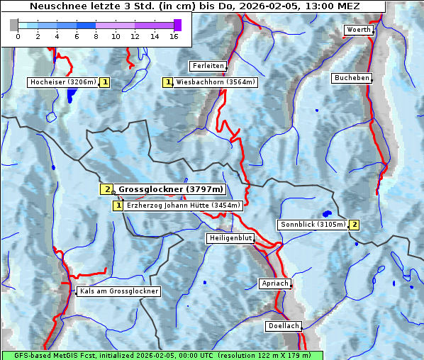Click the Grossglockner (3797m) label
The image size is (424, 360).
171,189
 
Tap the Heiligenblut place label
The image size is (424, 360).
230,238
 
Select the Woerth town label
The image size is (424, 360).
358,30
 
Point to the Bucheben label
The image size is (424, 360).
352,78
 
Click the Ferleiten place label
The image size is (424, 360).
208,66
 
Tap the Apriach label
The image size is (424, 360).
275,283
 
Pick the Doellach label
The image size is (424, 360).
284,327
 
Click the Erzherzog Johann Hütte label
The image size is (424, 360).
184,206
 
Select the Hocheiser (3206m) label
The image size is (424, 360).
62,82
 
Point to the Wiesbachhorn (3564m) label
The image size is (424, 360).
216,82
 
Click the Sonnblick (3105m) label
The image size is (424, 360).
313,225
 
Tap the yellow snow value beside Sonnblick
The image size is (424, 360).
354,225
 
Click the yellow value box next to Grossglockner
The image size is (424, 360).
106,189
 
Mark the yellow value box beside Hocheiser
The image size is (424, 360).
105,82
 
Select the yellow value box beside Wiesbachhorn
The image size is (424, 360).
168,82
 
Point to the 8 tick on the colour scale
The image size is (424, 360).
96,35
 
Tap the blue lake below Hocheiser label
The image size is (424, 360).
70,96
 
